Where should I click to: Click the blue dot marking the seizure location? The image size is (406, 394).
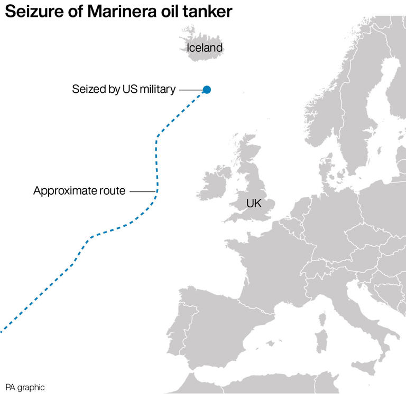pyautogui.click(x=207, y=90)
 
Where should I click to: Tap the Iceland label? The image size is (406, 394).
pyautogui.click(x=205, y=48)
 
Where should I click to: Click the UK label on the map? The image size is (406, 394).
pyautogui.click(x=254, y=203)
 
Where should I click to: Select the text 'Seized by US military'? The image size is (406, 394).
pyautogui.click(x=124, y=89)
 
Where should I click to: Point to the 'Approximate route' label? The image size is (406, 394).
pyautogui.click(x=79, y=191)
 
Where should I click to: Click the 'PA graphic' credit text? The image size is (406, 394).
pyautogui.click(x=25, y=387)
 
